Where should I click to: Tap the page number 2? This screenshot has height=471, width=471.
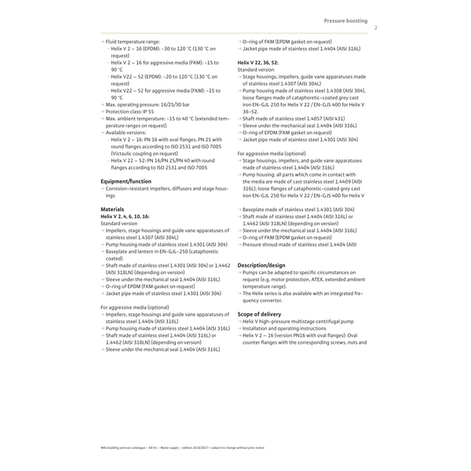coord(376,27)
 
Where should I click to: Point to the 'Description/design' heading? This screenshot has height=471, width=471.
coord(261,265)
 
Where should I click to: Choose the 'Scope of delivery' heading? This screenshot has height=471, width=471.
coord(260,314)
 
